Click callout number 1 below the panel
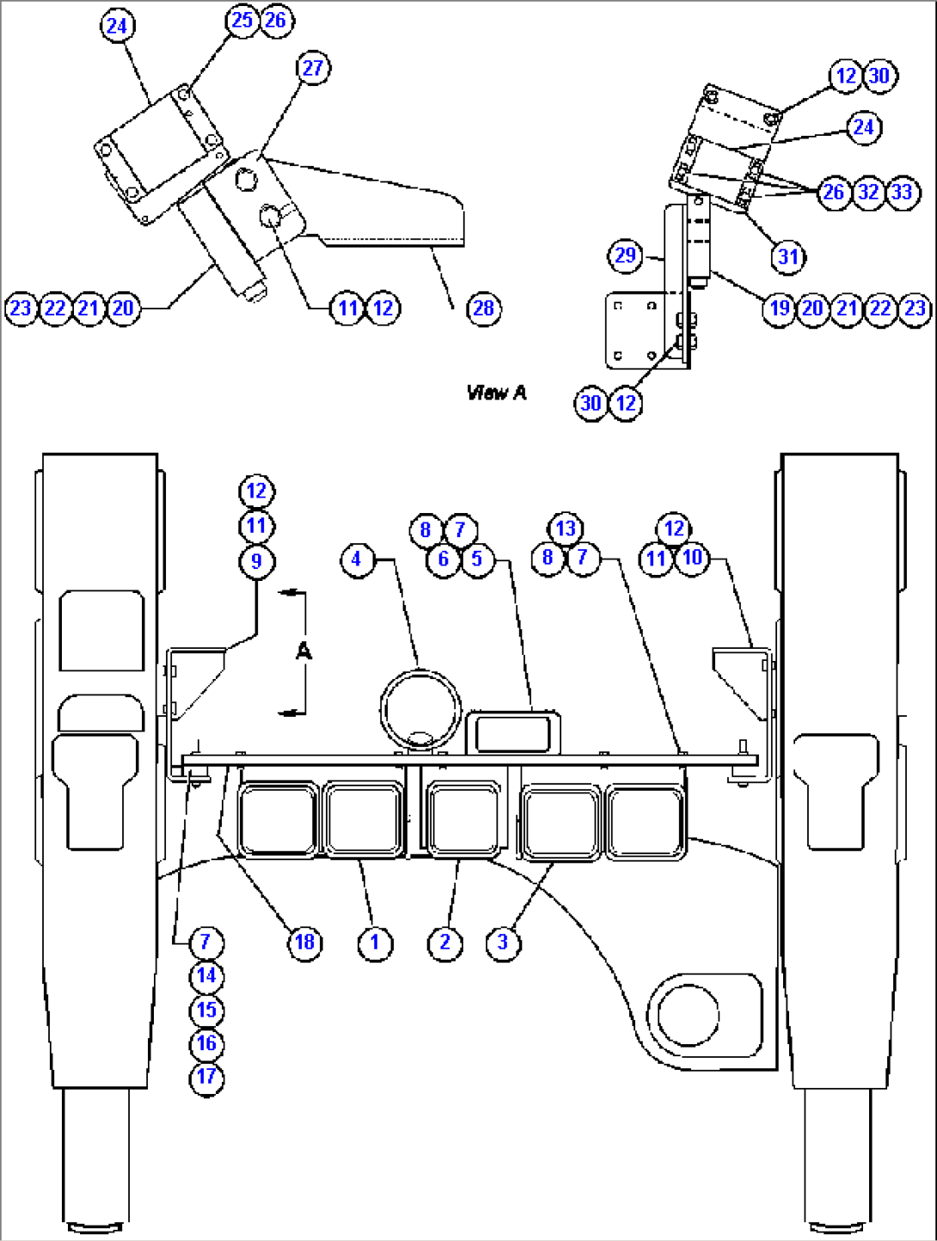point(374,942)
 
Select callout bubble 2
point(444,942)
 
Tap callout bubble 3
point(503,942)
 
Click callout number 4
point(357,559)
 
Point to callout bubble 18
point(305,942)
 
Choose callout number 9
point(256,561)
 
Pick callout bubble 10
point(692,558)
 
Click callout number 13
point(565,529)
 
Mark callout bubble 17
point(206,1077)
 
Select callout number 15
point(206,1010)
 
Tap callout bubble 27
point(313,68)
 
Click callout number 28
point(484,309)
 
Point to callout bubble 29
point(626,255)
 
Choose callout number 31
point(788,256)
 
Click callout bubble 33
point(902,192)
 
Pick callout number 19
point(780,309)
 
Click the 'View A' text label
point(496,393)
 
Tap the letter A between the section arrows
point(303,652)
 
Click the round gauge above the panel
point(420,710)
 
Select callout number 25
point(242,20)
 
